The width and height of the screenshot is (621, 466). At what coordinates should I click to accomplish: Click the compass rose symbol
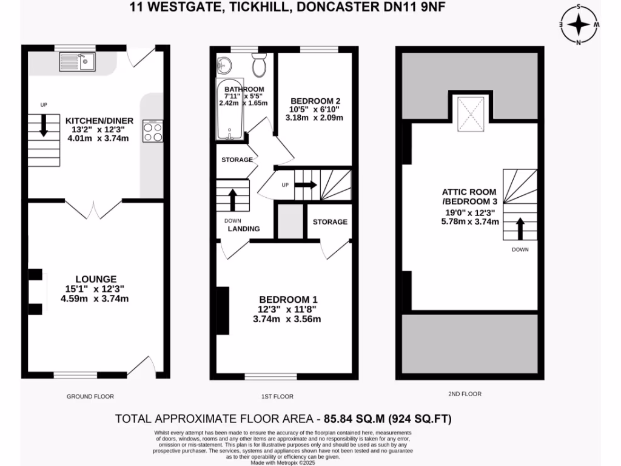[579, 24]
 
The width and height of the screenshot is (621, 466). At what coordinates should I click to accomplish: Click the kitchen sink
[77, 61]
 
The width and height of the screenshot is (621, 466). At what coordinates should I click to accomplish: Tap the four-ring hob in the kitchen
[153, 131]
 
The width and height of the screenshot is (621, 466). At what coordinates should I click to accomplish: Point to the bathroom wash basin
[224, 63]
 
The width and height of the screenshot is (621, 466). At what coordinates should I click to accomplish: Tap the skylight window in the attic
[470, 113]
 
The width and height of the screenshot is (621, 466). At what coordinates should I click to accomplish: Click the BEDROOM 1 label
[288, 300]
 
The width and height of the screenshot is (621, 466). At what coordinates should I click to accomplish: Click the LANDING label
[244, 229]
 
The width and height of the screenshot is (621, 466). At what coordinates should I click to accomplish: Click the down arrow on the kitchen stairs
[44, 126]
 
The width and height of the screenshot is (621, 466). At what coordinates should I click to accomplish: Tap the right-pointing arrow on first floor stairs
[306, 185]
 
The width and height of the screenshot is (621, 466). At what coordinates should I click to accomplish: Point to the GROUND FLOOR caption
[90, 396]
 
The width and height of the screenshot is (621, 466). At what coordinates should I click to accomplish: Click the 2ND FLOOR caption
[465, 394]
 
